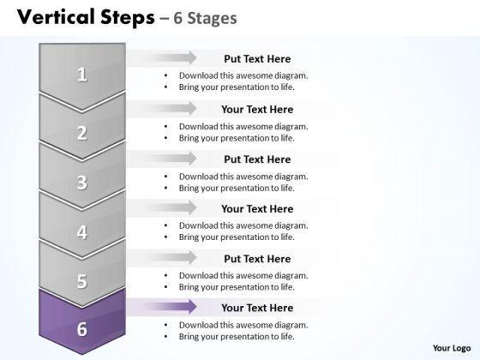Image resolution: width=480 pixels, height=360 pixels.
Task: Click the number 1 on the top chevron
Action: (x=81, y=74)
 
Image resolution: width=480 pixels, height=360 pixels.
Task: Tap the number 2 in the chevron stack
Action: (x=81, y=133)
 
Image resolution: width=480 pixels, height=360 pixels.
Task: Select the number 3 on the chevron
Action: (x=81, y=183)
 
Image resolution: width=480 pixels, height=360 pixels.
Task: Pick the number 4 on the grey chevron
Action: (x=81, y=232)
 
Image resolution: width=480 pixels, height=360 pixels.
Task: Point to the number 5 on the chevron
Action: (x=81, y=281)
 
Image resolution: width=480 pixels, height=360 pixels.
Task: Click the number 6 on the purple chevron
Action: (x=81, y=329)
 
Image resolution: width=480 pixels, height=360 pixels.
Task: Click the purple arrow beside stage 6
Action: (x=162, y=307)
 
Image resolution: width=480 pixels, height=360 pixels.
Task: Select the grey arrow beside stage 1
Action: (x=162, y=58)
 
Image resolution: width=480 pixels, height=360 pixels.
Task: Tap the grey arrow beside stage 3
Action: (x=162, y=159)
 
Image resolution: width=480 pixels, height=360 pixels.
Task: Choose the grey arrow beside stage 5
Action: (x=162, y=257)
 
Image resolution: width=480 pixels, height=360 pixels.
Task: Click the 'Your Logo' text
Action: (x=452, y=348)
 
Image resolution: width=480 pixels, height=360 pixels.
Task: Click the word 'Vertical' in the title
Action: (x=56, y=17)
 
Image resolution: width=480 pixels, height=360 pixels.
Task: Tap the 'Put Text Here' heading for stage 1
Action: (x=257, y=59)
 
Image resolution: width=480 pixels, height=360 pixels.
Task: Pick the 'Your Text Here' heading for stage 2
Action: (x=257, y=110)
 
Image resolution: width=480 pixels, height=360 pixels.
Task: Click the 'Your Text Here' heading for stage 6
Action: (x=257, y=308)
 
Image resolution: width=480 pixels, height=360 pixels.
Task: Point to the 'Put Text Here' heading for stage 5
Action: (x=257, y=259)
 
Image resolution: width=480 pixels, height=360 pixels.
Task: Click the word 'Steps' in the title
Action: (x=128, y=18)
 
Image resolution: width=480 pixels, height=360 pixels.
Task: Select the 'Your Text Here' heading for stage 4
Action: (x=257, y=209)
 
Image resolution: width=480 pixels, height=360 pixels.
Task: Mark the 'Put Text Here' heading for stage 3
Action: (x=257, y=159)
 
